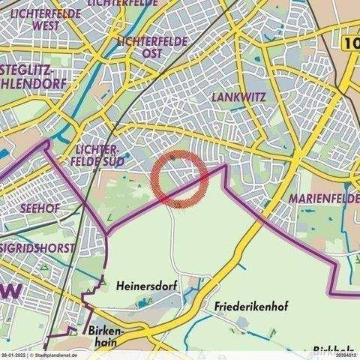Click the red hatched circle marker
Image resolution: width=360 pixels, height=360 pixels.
pyautogui.click(x=179, y=179)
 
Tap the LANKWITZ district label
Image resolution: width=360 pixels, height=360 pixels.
pyautogui.click(x=236, y=97)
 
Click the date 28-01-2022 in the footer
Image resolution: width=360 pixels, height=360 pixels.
pyautogui.click(x=13, y=356)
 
